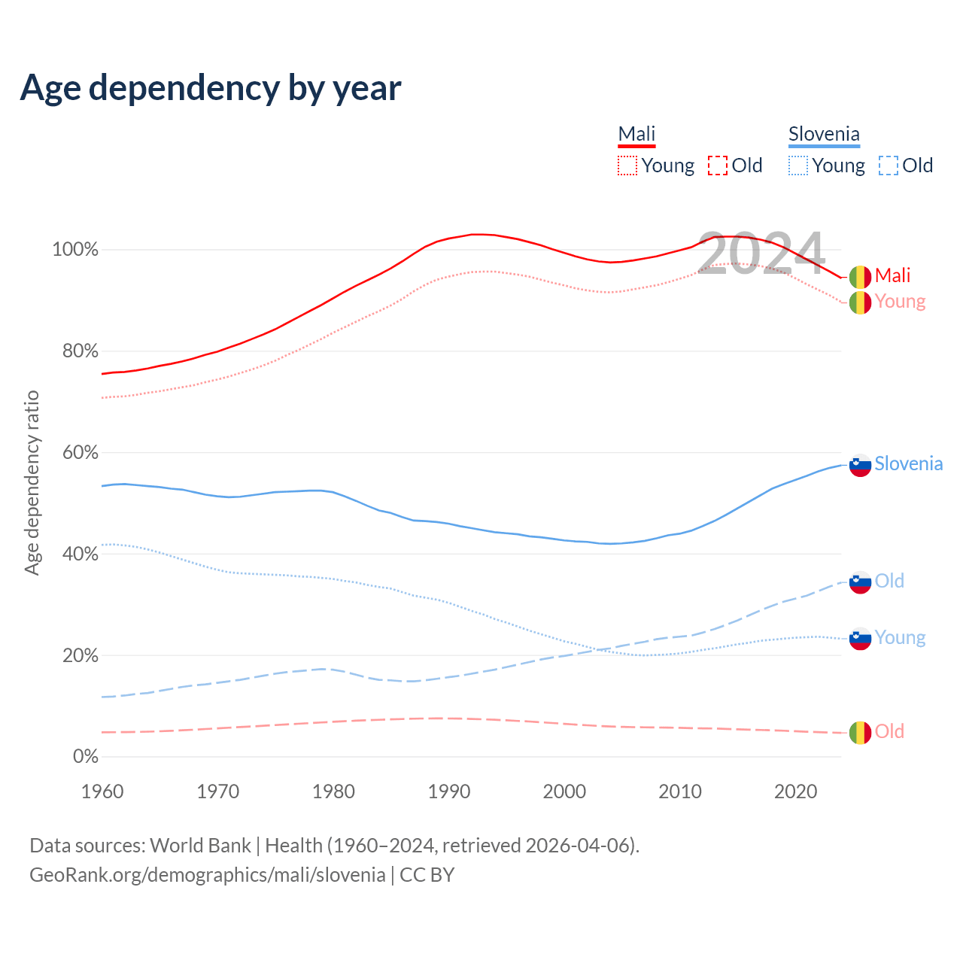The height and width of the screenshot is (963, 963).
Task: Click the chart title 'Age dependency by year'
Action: (211, 88)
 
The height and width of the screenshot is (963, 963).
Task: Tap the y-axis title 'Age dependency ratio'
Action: (32, 482)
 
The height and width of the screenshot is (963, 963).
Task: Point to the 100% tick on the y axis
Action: (75, 250)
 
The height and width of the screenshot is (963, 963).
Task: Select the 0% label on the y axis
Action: (86, 757)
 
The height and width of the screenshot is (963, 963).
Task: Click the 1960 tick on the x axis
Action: (102, 791)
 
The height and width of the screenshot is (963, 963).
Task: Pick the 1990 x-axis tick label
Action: (449, 791)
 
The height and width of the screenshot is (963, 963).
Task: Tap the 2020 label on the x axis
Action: (796, 791)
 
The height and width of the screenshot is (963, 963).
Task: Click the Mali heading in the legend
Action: (636, 134)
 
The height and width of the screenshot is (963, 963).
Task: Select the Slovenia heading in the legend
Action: (824, 134)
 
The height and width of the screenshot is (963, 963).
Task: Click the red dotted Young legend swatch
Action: (627, 166)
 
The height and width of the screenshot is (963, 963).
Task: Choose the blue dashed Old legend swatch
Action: (889, 166)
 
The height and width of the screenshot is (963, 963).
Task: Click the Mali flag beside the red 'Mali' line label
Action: (860, 277)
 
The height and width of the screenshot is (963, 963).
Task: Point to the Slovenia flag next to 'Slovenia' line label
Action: (860, 465)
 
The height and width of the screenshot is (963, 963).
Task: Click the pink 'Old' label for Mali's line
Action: (889, 731)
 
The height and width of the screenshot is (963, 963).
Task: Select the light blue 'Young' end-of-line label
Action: (900, 638)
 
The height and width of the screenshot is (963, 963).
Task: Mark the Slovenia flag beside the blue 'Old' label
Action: (860, 582)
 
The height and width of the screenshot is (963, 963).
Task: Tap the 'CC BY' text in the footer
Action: (427, 875)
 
